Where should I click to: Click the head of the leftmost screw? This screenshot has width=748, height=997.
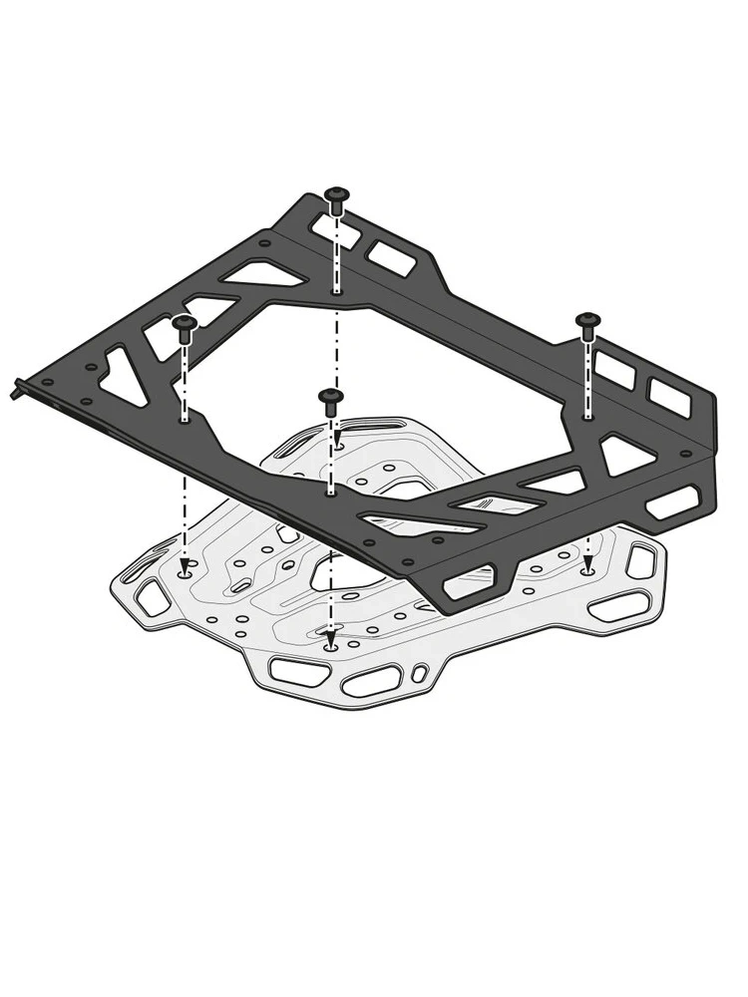click(184, 324)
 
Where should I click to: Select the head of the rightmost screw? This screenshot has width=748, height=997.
click(587, 320)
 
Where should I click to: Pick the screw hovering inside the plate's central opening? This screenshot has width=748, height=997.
click(331, 398)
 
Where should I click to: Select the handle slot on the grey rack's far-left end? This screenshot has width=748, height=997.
click(153, 598)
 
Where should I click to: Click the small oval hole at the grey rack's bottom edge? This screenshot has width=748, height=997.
click(420, 671)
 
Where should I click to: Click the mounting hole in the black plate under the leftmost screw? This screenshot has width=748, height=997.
click(185, 420)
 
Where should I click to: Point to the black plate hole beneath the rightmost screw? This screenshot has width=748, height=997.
click(588, 417)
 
